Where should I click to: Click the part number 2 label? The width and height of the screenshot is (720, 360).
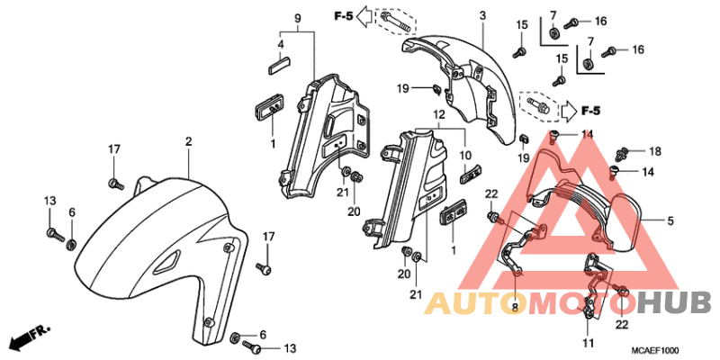click(188, 142)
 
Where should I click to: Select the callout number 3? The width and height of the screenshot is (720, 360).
click(482, 15)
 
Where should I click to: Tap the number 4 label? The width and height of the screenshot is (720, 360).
click(281, 44)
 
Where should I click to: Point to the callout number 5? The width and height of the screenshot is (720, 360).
click(670, 221)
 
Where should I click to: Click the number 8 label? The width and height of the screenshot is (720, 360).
click(514, 307)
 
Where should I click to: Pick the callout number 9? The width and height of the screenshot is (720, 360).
click(298, 19)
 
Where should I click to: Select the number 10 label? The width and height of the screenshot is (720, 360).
click(467, 154)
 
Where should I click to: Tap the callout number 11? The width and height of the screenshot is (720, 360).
click(589, 343)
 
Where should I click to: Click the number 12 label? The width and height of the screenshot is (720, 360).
click(438, 113)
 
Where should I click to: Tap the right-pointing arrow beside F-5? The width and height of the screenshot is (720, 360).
click(569, 111)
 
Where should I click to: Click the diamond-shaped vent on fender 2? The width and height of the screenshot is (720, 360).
click(167, 262)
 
